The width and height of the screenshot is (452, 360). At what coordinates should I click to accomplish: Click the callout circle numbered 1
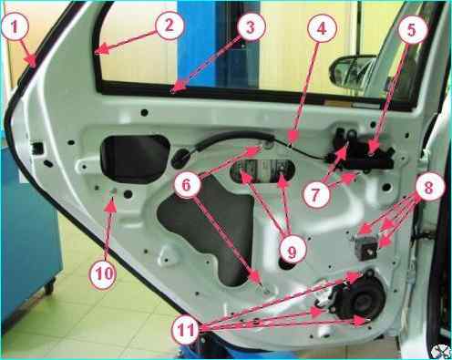coord(15,26)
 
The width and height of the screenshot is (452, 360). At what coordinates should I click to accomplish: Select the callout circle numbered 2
coord(169,25)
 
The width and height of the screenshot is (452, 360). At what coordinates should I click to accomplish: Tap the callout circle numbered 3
coord(251,28)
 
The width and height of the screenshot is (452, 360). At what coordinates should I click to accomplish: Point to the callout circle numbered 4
coord(322,28)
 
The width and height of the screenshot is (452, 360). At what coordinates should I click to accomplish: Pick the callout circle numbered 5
coord(411,30)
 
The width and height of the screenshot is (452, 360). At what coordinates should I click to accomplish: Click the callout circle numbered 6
coord(186,185)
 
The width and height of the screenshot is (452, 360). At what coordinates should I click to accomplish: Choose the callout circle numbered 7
coord(316,193)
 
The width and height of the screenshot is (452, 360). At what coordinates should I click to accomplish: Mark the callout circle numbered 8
coord(428,188)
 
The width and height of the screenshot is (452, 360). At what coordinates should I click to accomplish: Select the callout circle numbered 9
coord(292,252)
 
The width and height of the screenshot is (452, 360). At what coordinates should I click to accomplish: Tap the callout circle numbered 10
coord(103,274)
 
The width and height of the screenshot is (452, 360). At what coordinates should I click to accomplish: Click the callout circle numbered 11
coord(187,330)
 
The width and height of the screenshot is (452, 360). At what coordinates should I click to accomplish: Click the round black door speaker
coord(358,294)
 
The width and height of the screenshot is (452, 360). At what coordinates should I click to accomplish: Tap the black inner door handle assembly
coord(360,150)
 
